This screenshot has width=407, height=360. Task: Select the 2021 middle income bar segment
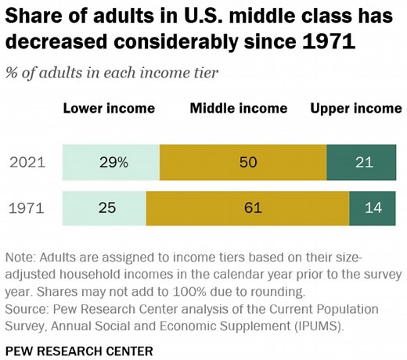(x=243, y=163)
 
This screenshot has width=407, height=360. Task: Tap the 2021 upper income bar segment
(x=364, y=163)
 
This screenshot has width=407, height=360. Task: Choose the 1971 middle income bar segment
(x=247, y=208)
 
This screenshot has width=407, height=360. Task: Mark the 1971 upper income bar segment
(x=375, y=208)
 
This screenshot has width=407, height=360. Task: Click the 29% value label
(x=114, y=163)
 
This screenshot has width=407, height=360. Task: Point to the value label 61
(x=247, y=208)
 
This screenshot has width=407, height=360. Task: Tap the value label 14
(x=375, y=208)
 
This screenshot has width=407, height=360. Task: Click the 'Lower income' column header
(x=109, y=108)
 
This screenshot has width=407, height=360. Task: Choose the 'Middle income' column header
(x=239, y=108)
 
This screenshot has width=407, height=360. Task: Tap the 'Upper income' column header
(x=356, y=108)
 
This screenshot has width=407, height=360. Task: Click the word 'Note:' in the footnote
(x=23, y=257)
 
